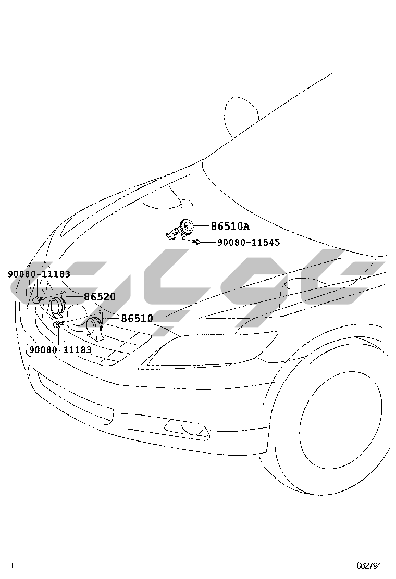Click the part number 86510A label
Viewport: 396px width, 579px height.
(x=230, y=226)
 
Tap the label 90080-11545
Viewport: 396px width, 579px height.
(x=248, y=242)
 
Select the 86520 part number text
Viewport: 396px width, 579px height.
(x=100, y=296)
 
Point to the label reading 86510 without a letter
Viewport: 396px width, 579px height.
(x=137, y=318)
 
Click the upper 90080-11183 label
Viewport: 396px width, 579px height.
(x=39, y=274)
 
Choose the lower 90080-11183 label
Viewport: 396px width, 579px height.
(x=60, y=349)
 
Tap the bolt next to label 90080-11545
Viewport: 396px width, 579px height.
(x=196, y=242)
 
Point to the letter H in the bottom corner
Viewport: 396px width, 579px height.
(x=11, y=565)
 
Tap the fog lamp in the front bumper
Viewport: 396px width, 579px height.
(x=186, y=429)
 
